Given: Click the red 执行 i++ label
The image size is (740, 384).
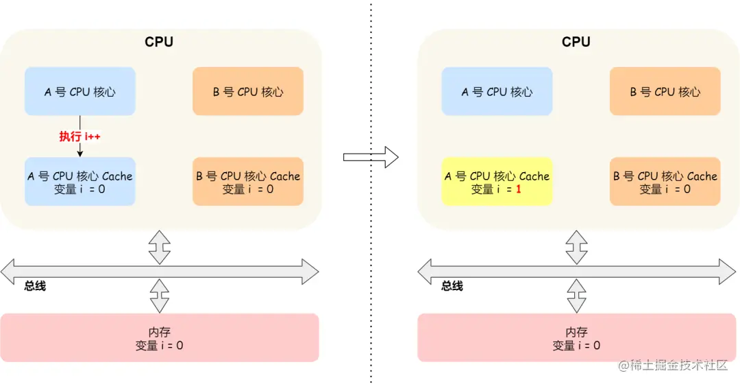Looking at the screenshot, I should click(79, 136).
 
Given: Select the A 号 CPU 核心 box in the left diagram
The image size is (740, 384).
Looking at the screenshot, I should click(80, 91).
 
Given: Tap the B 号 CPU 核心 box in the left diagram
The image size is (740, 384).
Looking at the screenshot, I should click(248, 91).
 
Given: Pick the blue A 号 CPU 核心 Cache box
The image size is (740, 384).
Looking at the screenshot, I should click(80, 182).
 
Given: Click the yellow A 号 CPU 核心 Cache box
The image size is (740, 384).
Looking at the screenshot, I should click(497, 182).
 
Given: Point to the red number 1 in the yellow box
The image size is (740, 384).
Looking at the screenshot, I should click(519, 189).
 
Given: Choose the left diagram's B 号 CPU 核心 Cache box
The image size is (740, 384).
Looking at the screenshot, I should click(248, 182).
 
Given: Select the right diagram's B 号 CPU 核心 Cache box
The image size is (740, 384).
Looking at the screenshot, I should click(665, 182).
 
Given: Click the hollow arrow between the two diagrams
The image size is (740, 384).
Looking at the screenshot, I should click(370, 156).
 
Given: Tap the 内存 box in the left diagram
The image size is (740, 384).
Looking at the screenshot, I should click(160, 338).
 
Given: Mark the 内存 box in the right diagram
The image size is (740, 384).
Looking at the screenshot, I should click(576, 338).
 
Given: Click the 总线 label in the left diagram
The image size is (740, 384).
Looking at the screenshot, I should click(35, 286).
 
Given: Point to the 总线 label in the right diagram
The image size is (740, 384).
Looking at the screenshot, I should click(452, 286).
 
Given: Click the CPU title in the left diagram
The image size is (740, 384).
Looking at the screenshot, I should click(159, 42).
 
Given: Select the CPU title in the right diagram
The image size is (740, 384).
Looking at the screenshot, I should click(576, 42).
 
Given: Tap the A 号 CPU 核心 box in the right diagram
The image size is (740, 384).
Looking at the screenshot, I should click(497, 91).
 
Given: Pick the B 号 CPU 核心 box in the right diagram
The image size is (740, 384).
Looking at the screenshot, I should click(665, 91).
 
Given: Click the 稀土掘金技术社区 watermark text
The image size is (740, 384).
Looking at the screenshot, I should click(678, 365).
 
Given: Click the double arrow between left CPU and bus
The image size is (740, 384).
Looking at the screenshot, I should click(160, 247).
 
